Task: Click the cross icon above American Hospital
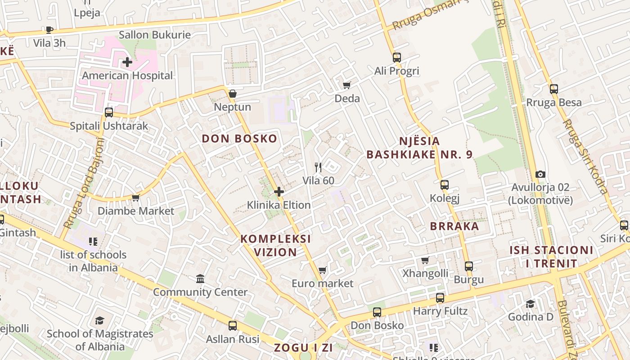pyautogui.click(x=127, y=62)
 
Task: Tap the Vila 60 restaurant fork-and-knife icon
pyautogui.click(x=318, y=167)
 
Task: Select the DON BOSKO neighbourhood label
pyautogui.click(x=239, y=139)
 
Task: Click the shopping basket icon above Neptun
pyautogui.click(x=233, y=94)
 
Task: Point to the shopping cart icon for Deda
pyautogui.click(x=346, y=85)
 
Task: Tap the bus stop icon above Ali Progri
pyautogui.click(x=396, y=58)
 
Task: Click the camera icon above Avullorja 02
pyautogui.click(x=540, y=174)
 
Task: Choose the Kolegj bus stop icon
pyautogui.click(x=445, y=185)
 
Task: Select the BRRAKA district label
pyautogui.click(x=454, y=226)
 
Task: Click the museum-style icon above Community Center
pyautogui.click(x=201, y=279)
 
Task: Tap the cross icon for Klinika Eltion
pyautogui.click(x=279, y=192)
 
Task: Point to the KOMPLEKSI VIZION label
pyautogui.click(x=275, y=245)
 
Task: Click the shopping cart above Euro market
pyautogui.click(x=322, y=270)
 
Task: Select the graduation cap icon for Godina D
pyautogui.click(x=531, y=304)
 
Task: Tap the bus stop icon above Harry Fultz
pyautogui.click(x=440, y=298)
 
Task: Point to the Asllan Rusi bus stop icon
pyautogui.click(x=233, y=326)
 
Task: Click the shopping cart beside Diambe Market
pyautogui.click(x=135, y=198)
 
